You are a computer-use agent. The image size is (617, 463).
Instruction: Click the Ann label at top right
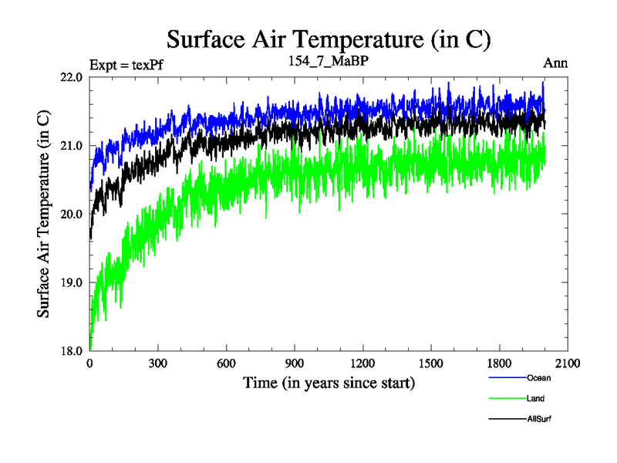coord(555,63)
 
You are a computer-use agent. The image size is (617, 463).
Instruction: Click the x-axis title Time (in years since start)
coord(329,382)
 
